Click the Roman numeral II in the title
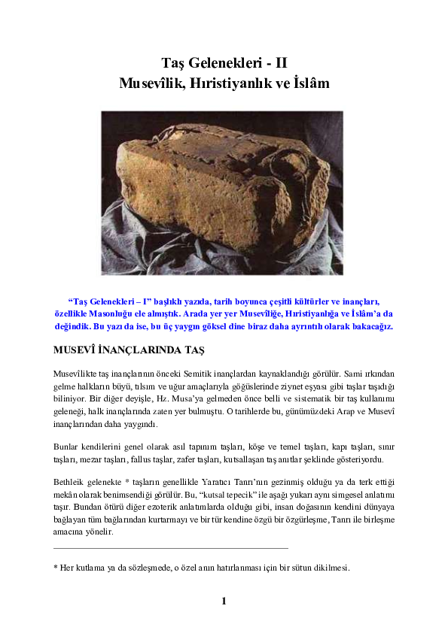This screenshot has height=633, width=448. pos(281,63)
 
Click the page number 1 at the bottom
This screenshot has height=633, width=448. pos(224,601)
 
